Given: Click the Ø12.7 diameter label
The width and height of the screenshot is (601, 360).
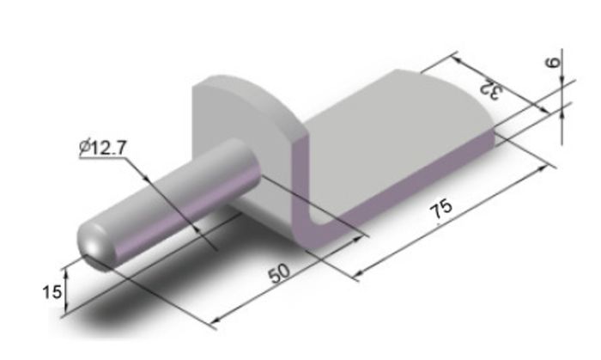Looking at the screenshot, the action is [102, 148].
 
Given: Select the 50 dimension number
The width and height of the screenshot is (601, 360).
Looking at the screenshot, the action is [279, 272].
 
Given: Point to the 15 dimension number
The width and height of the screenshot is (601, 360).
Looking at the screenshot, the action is [52, 292].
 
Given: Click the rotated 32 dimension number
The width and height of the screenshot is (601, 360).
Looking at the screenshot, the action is [491, 90].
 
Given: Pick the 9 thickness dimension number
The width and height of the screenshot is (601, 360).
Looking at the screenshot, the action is [553, 62].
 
